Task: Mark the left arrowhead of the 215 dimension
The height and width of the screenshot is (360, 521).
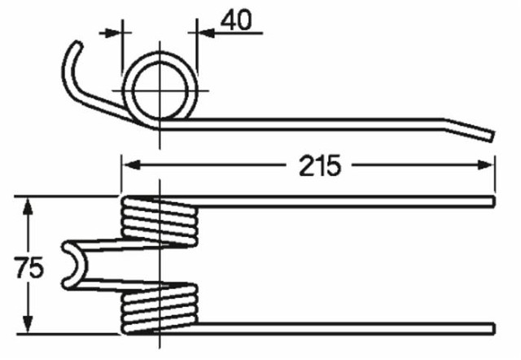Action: point(129,165)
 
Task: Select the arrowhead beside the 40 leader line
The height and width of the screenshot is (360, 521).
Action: point(198,33)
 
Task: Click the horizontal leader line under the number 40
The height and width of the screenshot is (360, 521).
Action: point(236,33)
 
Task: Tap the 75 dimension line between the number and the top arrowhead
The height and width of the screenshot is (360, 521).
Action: point(29,232)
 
